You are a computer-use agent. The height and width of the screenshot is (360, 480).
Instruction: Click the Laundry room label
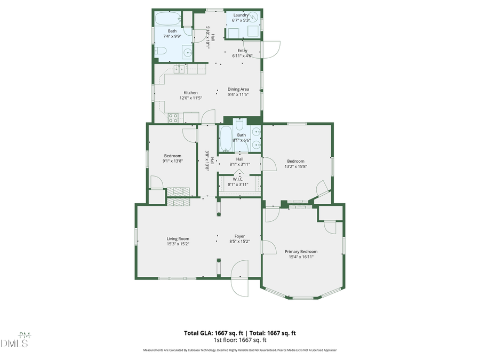[241, 15]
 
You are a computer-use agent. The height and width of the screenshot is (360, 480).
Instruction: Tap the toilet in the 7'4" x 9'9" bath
[161, 51]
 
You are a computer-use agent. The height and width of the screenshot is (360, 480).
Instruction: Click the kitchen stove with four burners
[173, 118]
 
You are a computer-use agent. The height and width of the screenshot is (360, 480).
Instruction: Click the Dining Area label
[238, 89]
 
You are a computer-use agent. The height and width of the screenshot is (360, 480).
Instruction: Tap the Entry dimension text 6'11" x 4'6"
[242, 56]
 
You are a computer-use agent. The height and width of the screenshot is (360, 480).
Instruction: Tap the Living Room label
[178, 238]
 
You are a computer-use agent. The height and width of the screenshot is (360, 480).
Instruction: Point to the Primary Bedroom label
[301, 251]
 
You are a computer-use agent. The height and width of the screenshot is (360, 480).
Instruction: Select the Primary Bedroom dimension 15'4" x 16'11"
[301, 257]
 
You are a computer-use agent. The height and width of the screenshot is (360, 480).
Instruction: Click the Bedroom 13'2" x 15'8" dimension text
[295, 166]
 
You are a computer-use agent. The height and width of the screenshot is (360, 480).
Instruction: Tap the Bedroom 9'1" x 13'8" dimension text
[172, 161]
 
